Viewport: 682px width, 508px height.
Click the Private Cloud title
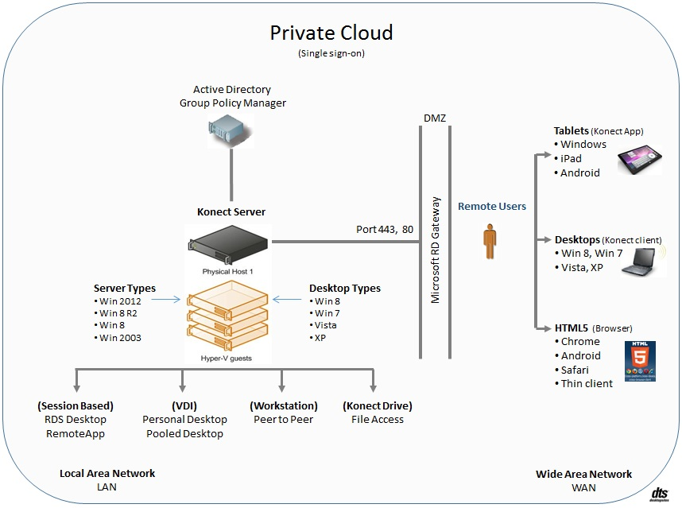coord(331,33)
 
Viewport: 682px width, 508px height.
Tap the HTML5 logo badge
coord(640,362)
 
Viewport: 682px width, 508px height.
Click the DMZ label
coord(435,118)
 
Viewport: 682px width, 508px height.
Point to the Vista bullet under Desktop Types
coord(325,324)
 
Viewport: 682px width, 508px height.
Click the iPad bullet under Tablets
coord(571,158)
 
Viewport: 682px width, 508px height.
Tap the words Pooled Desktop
coord(184,433)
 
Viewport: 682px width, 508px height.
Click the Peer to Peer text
coord(283,419)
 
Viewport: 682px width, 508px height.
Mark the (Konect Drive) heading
coord(377,405)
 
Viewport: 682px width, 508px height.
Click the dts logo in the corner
coord(658,494)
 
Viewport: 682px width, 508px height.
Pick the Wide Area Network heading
coord(583,474)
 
